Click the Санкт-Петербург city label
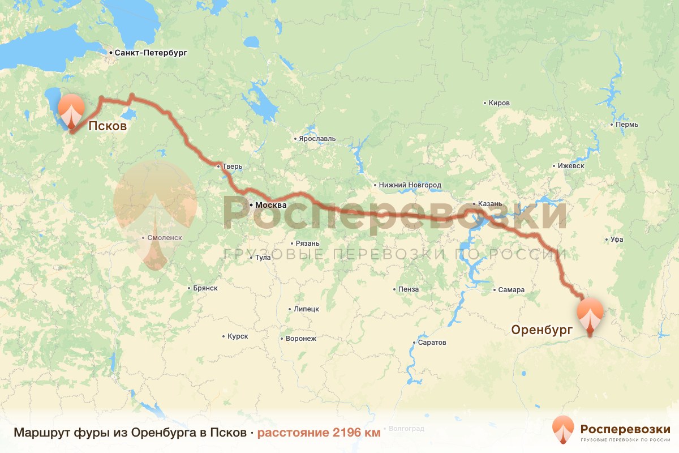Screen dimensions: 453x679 pyautogui.click(x=150, y=53)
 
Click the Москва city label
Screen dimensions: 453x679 pyautogui.click(x=270, y=205)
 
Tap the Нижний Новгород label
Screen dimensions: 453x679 pyautogui.click(x=410, y=185)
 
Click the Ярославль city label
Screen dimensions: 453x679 pyautogui.click(x=317, y=138)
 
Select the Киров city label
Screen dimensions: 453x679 pyautogui.click(x=500, y=103)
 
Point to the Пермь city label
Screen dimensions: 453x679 pyautogui.click(x=628, y=124)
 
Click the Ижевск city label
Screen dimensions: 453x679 pyautogui.click(x=570, y=166)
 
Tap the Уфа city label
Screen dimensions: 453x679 pyautogui.click(x=617, y=240)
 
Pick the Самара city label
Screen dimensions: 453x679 pyautogui.click(x=511, y=290)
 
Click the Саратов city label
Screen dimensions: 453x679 pyautogui.click(x=432, y=343)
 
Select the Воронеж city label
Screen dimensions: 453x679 pyautogui.click(x=301, y=339)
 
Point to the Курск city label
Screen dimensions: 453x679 pyautogui.click(x=238, y=336)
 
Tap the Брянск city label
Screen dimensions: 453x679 pyautogui.click(x=205, y=288)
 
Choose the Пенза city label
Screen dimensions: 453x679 pyautogui.click(x=409, y=289)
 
